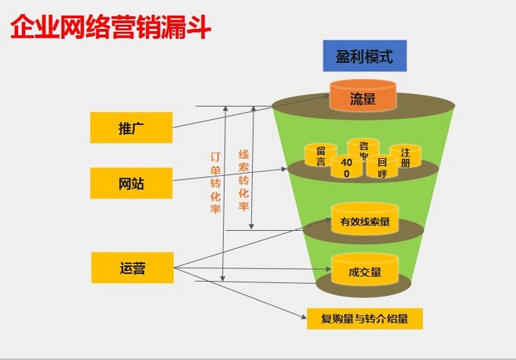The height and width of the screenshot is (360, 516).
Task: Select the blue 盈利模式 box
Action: click(364, 56)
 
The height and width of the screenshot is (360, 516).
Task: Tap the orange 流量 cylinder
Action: click(363, 97)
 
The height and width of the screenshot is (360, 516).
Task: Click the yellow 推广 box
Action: click(130, 127)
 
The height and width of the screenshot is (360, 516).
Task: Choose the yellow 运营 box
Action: click(131, 268)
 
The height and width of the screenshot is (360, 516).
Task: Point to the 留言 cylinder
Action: click(320, 156)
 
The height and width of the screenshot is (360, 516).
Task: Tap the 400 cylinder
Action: click(346, 166)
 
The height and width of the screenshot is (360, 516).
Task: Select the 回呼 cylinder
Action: click(382, 166)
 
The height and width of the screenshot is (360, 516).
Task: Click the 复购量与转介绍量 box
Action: click(364, 319)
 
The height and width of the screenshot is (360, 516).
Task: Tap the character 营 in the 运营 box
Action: click(139, 268)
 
